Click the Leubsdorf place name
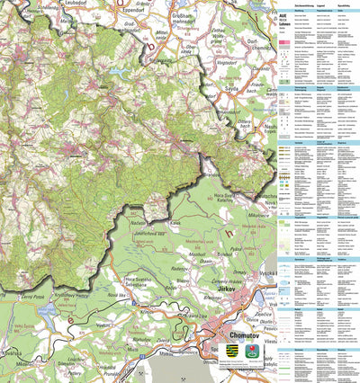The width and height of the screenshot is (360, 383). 80,4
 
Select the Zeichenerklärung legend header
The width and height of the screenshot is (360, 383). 290,3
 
